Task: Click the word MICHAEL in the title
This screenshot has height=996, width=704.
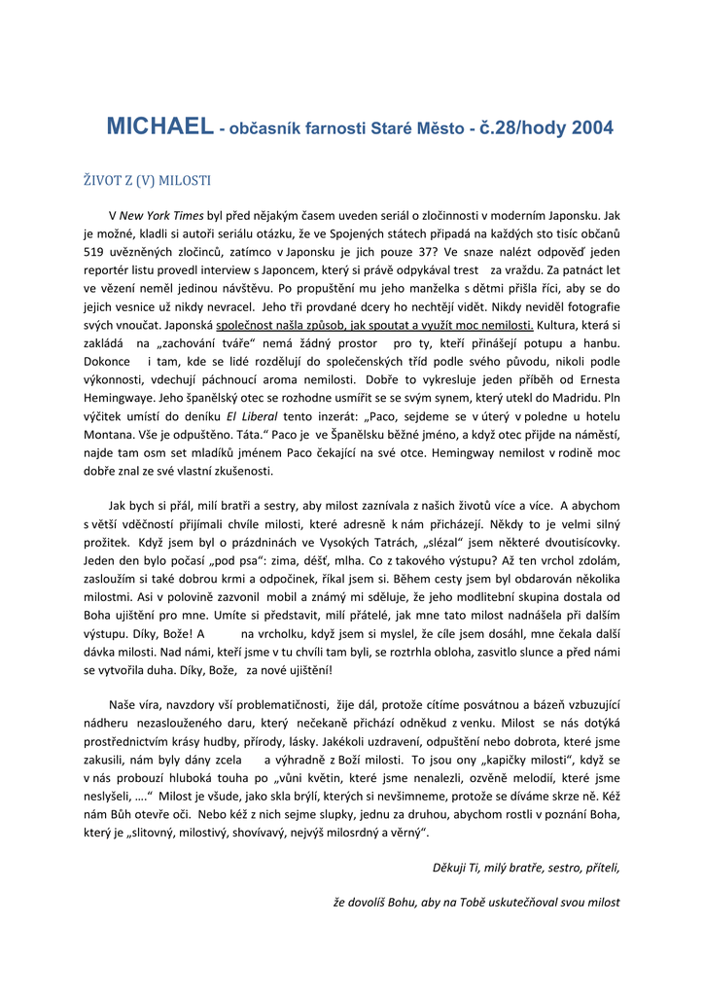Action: (158, 126)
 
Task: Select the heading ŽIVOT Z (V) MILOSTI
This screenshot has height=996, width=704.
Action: (146, 181)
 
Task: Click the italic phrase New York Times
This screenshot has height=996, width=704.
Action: (163, 215)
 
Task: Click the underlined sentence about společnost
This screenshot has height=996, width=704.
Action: (374, 326)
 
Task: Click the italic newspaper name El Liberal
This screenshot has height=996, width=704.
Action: (247, 416)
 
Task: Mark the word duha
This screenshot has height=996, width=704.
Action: (198, 670)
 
